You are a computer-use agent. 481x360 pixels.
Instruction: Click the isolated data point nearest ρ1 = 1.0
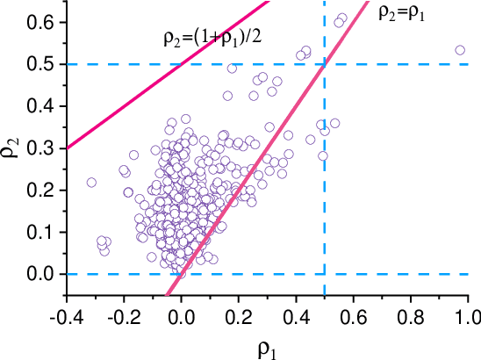(460, 50)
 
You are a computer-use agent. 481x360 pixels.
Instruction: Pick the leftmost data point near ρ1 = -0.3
(91, 183)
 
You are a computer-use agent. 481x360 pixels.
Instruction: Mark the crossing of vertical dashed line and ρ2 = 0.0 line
(325, 274)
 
